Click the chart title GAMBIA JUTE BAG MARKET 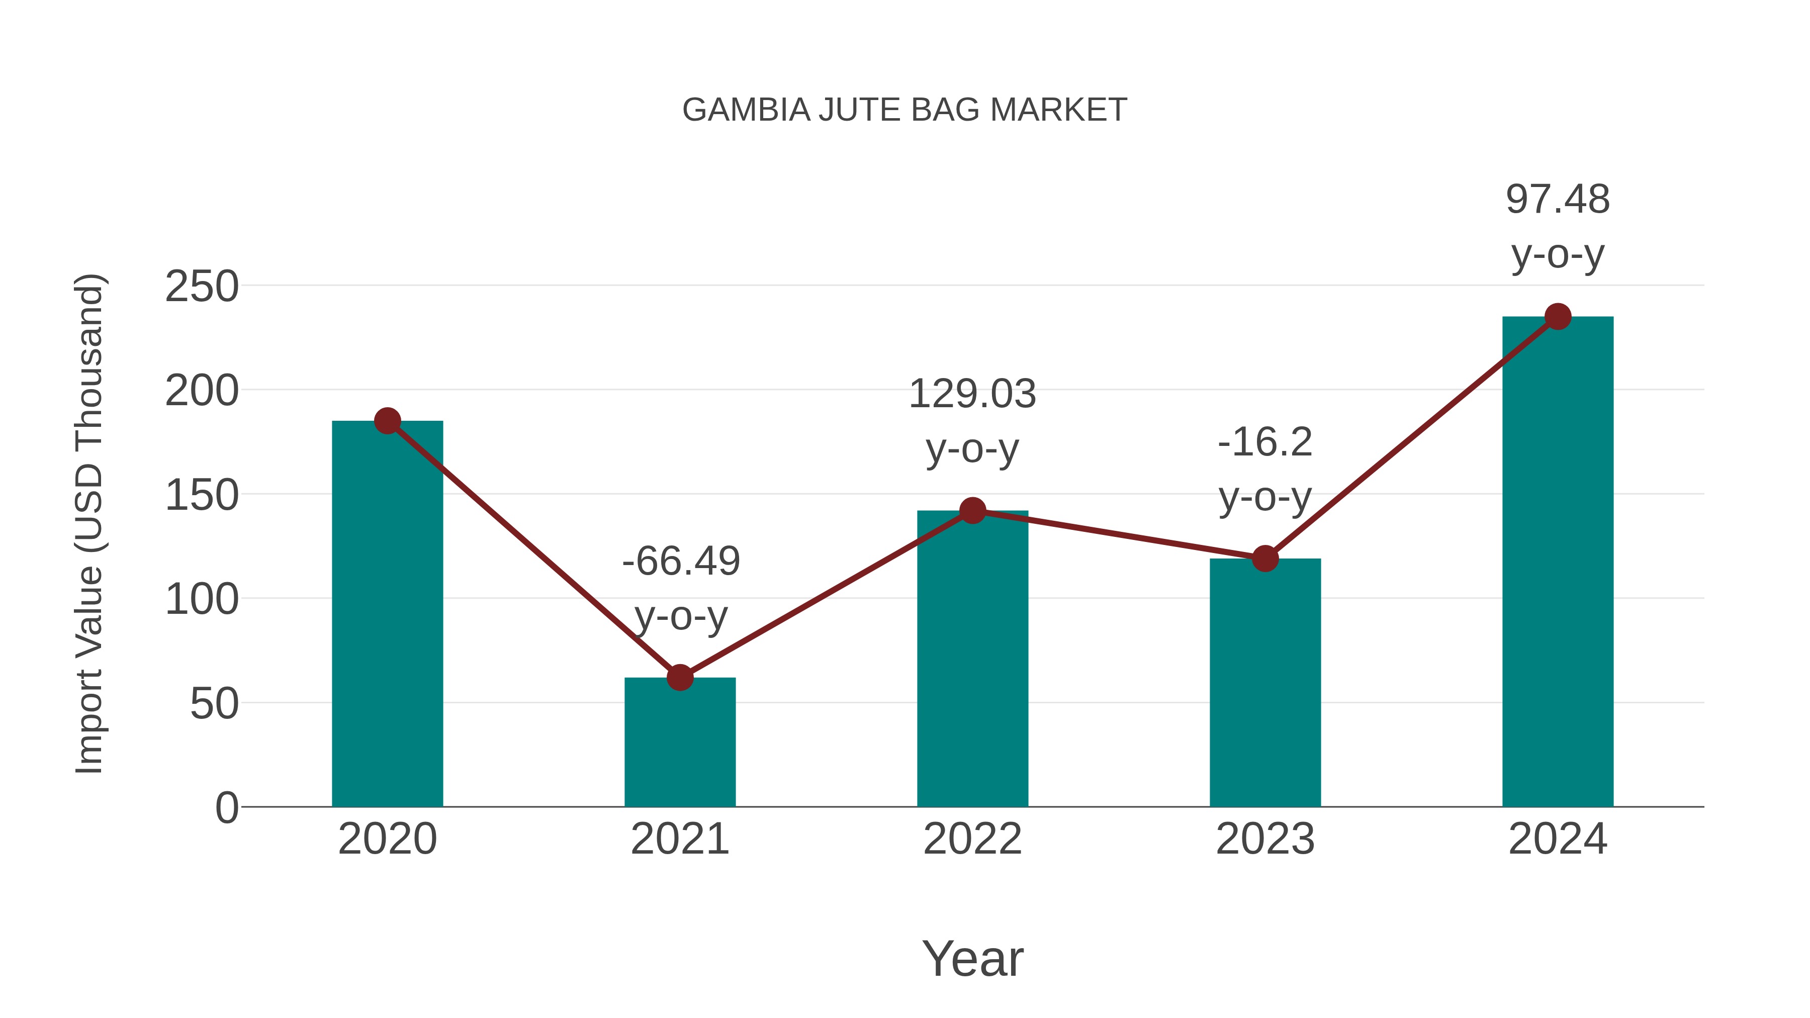(904, 110)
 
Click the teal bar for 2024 (1557, 562)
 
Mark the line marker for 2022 (972, 511)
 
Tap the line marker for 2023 (1265, 559)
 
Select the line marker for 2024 (1557, 317)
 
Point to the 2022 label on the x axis (972, 839)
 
